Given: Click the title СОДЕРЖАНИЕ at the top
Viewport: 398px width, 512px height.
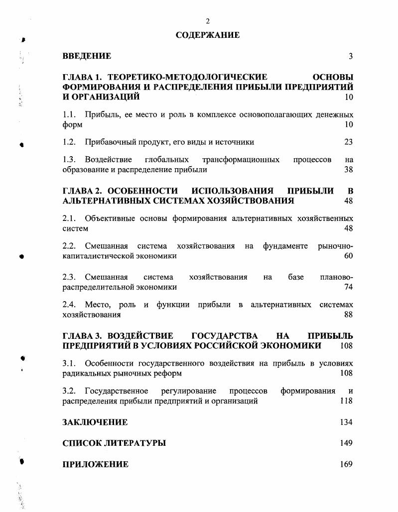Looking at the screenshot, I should click(x=208, y=35).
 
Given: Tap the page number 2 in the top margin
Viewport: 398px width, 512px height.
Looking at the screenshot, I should click(x=208, y=21).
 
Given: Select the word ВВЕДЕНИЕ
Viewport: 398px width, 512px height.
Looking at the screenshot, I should click(x=87, y=56).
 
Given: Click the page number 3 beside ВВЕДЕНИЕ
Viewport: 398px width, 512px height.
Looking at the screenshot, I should click(x=350, y=56).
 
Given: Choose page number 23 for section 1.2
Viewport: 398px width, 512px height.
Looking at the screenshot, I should click(x=348, y=142).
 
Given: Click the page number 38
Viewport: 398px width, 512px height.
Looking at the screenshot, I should click(x=348, y=170).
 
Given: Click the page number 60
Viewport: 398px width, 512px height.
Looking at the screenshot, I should click(x=348, y=256).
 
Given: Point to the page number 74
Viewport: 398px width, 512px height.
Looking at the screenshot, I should click(x=348, y=287).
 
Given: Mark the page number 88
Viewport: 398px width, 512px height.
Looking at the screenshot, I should click(x=348, y=314).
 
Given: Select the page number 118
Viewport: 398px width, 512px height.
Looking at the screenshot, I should click(x=346, y=401).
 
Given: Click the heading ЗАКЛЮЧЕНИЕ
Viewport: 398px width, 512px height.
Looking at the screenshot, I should click(x=95, y=422).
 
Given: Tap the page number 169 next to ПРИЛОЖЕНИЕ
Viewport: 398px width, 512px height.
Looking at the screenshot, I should click(x=346, y=464).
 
